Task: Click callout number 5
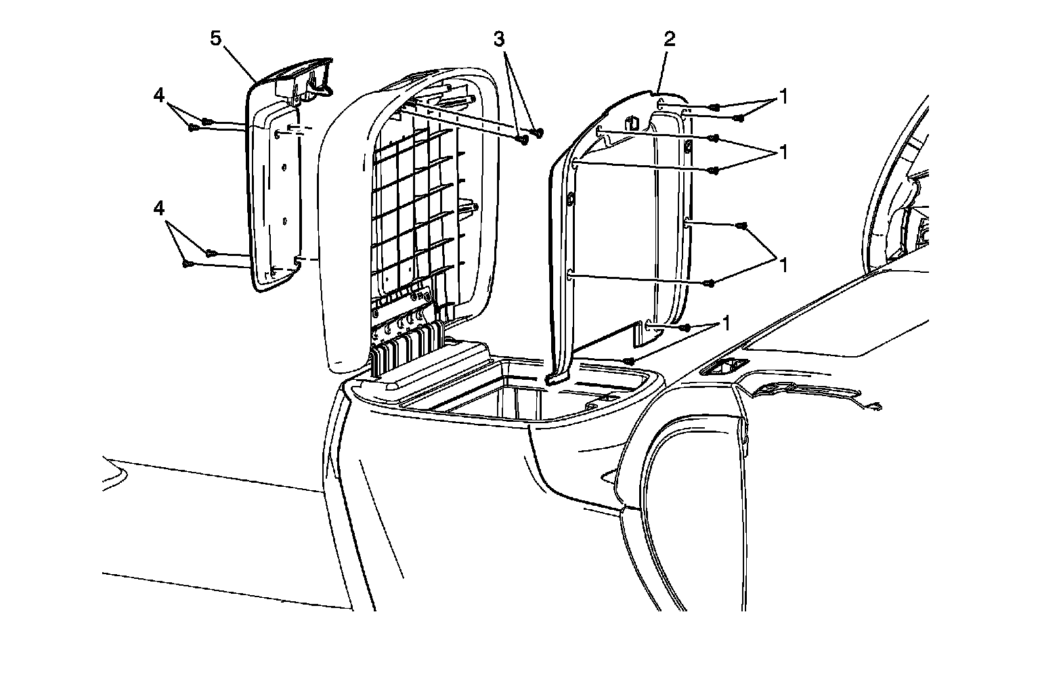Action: pos(216,39)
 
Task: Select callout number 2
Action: pos(669,39)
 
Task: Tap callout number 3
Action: pos(499,39)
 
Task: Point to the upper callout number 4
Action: pos(159,96)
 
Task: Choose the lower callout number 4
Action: pos(159,209)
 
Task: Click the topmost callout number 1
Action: pos(783,97)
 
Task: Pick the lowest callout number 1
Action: pos(727,322)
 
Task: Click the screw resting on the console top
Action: pos(629,361)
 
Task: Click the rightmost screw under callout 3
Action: pos(539,132)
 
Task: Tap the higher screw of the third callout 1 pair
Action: pos(743,225)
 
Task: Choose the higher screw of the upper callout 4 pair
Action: pos(208,122)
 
